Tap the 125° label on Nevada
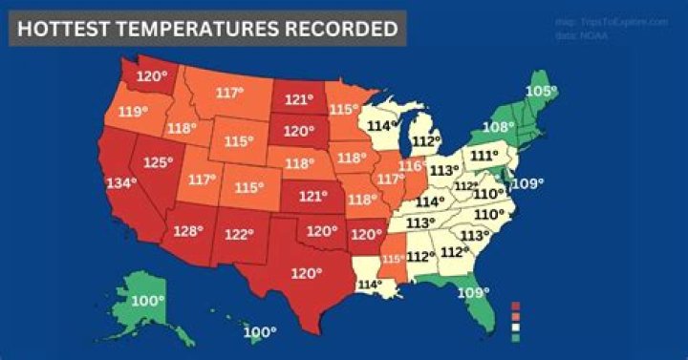158,163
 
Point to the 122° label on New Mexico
238,234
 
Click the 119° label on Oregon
133,111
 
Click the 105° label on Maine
541,91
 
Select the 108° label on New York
499,126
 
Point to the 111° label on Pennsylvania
484,155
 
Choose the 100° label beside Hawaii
259,332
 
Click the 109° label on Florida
472,292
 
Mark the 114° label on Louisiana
370,284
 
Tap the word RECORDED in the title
341,29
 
